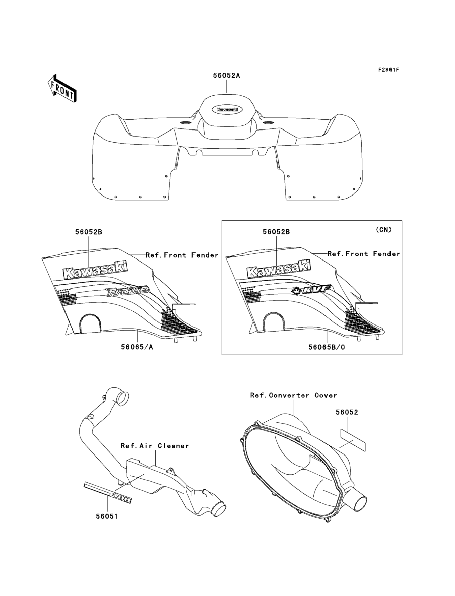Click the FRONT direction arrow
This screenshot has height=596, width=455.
[x=62, y=89]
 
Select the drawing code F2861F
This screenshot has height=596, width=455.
[x=389, y=70]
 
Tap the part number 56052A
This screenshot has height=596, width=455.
[x=226, y=76]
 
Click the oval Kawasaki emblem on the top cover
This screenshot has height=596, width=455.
[x=227, y=110]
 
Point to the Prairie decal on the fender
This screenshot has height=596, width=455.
[x=128, y=291]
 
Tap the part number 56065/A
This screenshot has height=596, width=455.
[x=137, y=347]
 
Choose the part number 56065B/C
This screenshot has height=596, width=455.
[x=327, y=347]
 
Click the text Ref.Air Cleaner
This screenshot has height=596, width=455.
[x=155, y=446]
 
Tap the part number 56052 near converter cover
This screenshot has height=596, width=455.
[x=347, y=412]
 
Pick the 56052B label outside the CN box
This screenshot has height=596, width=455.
[x=89, y=232]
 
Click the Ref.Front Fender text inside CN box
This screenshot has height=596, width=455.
[x=364, y=254]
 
